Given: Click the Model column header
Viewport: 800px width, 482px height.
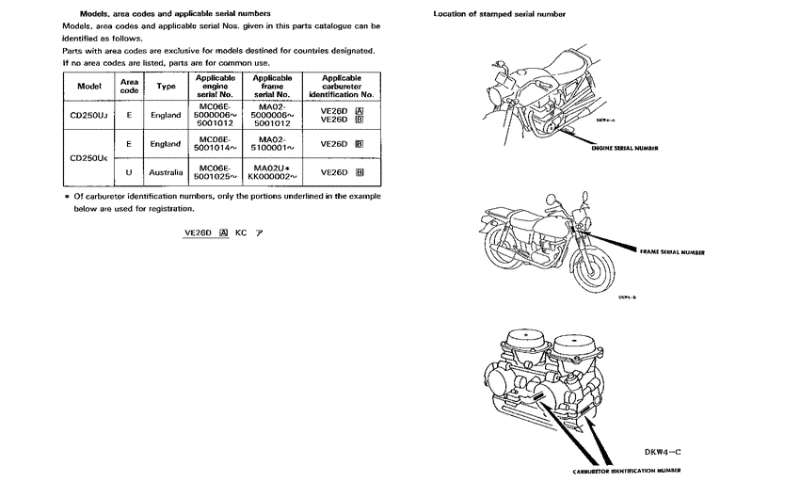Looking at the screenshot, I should click(88, 86).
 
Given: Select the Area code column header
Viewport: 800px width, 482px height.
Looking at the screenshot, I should click(129, 86).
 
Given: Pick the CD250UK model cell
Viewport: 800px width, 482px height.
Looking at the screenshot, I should click(88, 158).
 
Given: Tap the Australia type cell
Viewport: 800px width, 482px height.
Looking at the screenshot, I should click(166, 173).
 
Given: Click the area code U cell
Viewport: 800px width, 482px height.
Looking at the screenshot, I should click(129, 173).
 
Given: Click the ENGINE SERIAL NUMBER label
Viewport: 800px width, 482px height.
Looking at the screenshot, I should click(624, 148).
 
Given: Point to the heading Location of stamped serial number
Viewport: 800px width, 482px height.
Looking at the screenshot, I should click(500, 14).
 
